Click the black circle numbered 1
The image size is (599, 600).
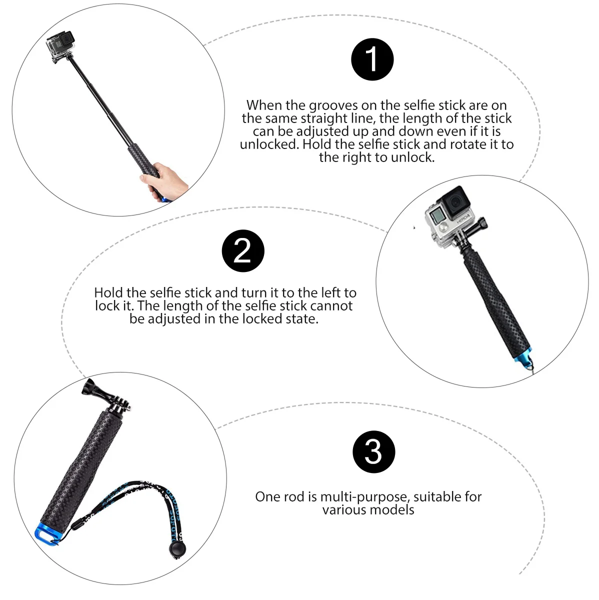point(372,59)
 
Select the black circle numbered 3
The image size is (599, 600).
point(373,451)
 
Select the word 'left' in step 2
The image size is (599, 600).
point(329,292)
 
